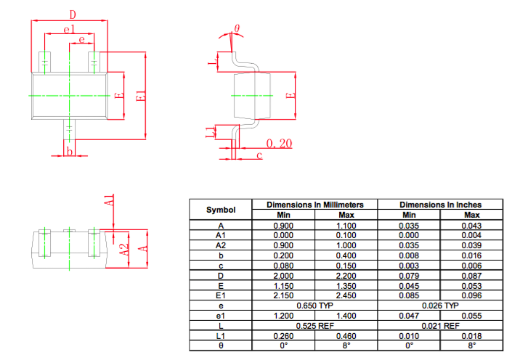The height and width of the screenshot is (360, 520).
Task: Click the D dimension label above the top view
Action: coord(73,15)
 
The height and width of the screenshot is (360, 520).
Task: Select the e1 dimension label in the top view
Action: coord(69,30)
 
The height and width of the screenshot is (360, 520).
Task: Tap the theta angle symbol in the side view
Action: coord(237,28)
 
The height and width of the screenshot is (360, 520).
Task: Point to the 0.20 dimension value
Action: coord(279,143)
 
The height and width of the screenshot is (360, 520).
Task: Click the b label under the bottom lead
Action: coord(70,152)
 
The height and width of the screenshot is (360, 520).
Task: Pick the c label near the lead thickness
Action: coord(259,155)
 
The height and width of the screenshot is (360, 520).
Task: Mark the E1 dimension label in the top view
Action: coord(141,96)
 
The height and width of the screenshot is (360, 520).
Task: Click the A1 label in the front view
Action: coord(110,200)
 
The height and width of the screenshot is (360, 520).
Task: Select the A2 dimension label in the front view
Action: coord(123,249)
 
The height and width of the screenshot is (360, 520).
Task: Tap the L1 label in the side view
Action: coord(211,132)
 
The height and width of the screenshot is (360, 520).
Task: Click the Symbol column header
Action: coord(221,210)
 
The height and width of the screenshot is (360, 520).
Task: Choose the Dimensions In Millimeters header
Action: coord(315,205)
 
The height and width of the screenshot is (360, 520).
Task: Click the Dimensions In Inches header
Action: coord(440,205)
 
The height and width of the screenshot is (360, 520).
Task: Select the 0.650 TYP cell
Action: coord(314,306)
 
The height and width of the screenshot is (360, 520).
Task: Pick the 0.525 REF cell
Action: coord(314,326)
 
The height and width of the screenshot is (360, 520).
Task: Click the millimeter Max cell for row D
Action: coord(346,276)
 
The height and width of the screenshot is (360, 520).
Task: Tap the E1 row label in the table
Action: coord(221,295)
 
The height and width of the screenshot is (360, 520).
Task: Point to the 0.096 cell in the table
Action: coord(471,295)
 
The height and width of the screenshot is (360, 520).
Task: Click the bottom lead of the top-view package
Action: coord(69,129)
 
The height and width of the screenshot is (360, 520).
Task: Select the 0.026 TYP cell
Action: coord(440,306)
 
